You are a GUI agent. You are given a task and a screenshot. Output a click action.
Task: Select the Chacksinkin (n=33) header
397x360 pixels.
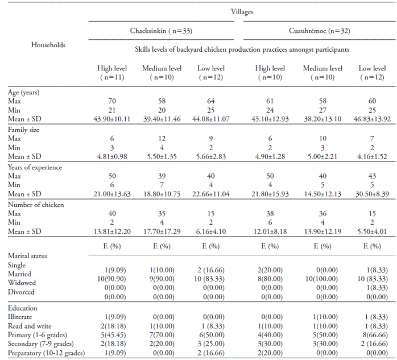[162, 31]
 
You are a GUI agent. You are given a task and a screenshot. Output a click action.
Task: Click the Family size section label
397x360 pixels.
[24, 130]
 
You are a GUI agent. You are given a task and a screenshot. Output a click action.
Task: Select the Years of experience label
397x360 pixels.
[35, 167]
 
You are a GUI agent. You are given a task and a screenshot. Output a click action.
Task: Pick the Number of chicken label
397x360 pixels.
[32, 205]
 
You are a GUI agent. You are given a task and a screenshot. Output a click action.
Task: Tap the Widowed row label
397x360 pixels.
[22, 283]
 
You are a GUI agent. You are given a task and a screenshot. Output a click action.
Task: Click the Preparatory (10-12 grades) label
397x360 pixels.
[46, 354]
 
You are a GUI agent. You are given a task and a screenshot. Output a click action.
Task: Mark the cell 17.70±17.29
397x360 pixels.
[162, 230]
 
